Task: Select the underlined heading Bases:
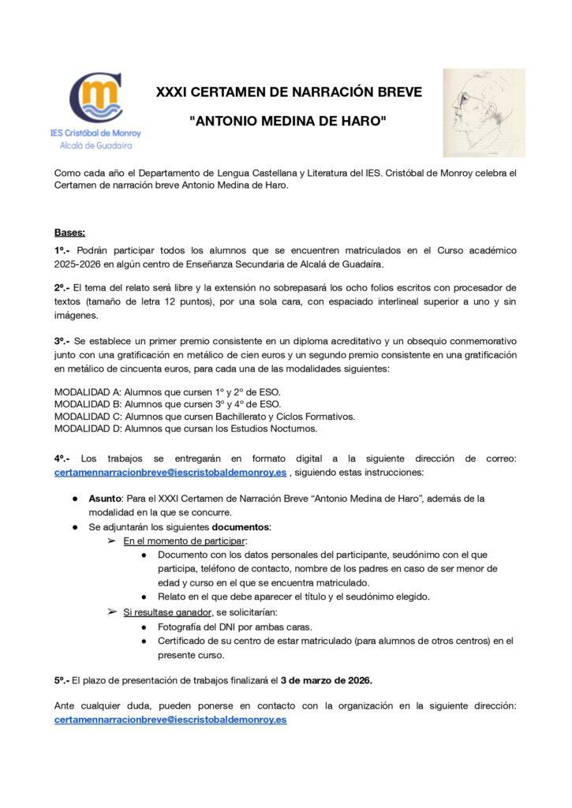70,233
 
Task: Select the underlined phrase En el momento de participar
185,541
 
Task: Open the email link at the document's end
170,720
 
